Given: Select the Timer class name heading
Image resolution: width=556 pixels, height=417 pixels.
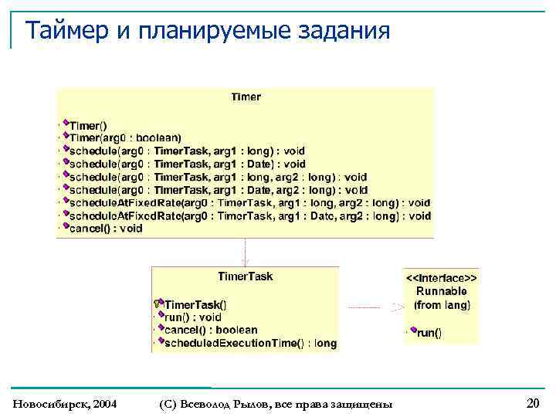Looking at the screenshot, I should tap(246, 97).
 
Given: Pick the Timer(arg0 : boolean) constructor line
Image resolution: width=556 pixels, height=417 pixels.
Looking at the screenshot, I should tap(125, 138).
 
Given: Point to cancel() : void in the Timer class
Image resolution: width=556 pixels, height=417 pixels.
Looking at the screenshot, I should tap(106, 229).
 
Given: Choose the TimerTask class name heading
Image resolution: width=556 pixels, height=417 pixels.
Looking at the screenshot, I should tap(245, 276).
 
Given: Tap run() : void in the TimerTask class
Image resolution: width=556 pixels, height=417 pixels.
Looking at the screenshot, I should tap(193, 317).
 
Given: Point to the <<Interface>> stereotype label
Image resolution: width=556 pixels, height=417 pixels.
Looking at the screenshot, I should tap(441, 277).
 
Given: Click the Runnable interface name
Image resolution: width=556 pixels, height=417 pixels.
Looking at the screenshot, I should tap(441, 291).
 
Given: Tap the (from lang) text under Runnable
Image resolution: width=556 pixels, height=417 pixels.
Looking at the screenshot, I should tap(441, 305).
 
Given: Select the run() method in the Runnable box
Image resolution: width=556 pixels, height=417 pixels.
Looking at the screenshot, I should tap(429, 333).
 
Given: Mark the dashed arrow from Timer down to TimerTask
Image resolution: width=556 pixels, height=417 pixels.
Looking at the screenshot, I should tap(245, 252).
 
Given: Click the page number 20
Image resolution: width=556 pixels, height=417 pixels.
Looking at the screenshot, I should tap(533, 402).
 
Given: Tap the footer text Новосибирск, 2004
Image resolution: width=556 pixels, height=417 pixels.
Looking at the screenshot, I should tap(66, 404).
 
